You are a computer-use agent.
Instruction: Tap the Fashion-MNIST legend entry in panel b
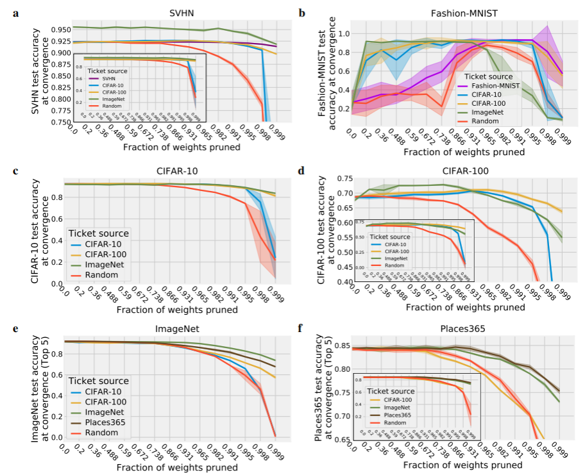(x=494, y=85)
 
